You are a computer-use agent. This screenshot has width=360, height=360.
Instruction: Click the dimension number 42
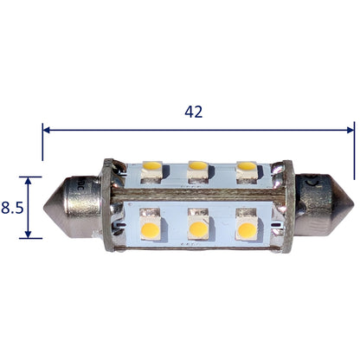coord(194,112)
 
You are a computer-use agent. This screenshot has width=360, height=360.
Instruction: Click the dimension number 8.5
coord(12,208)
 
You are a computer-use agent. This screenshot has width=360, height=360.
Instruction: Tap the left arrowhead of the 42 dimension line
coord(46,130)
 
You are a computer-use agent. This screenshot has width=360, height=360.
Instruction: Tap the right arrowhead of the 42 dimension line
coord(350,130)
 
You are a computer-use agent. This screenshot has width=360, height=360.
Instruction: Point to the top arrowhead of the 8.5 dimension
coord(28,181)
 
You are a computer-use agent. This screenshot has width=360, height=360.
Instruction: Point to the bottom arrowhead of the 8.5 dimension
coord(28,235)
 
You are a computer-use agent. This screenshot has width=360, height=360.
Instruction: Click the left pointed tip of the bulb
coord(44,207)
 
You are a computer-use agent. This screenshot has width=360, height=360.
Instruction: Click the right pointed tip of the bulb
coord(353,204)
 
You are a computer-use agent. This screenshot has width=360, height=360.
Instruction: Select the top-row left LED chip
coord(151,172)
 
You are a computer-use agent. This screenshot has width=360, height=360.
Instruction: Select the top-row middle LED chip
coord(197,172)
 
